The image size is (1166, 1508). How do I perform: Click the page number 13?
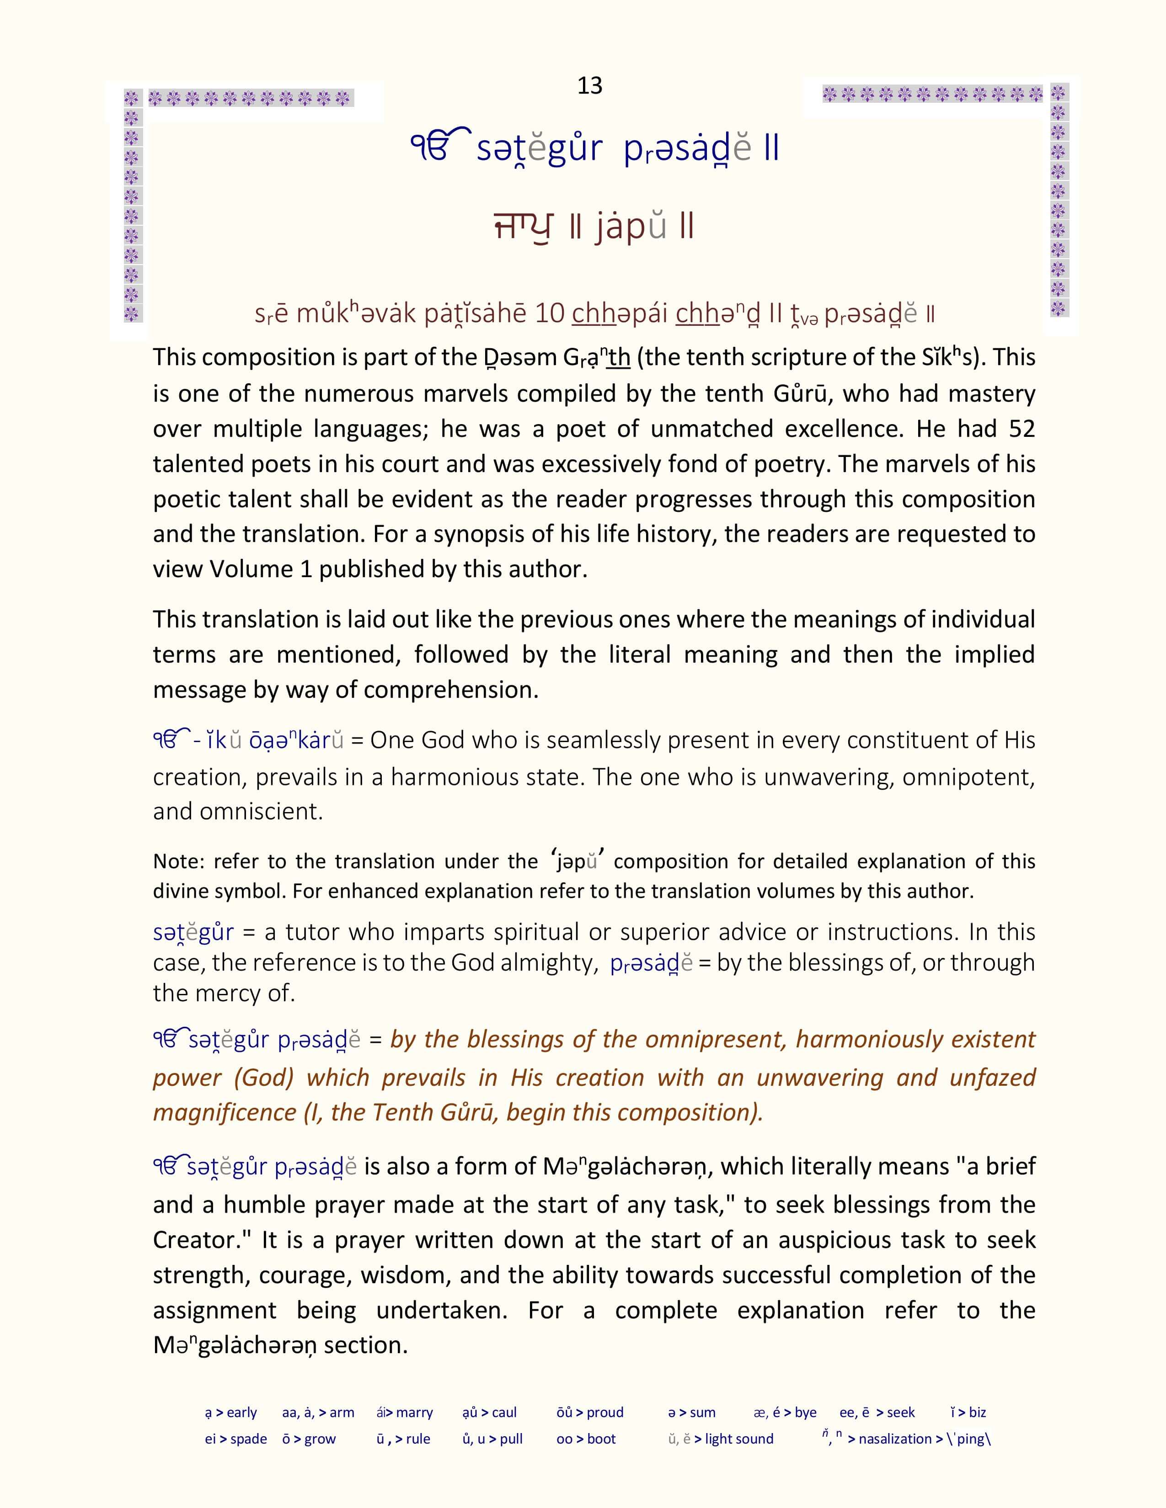(x=589, y=85)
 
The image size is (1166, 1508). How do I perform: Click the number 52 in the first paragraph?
(x=1022, y=429)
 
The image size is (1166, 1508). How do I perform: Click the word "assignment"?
(x=214, y=1311)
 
